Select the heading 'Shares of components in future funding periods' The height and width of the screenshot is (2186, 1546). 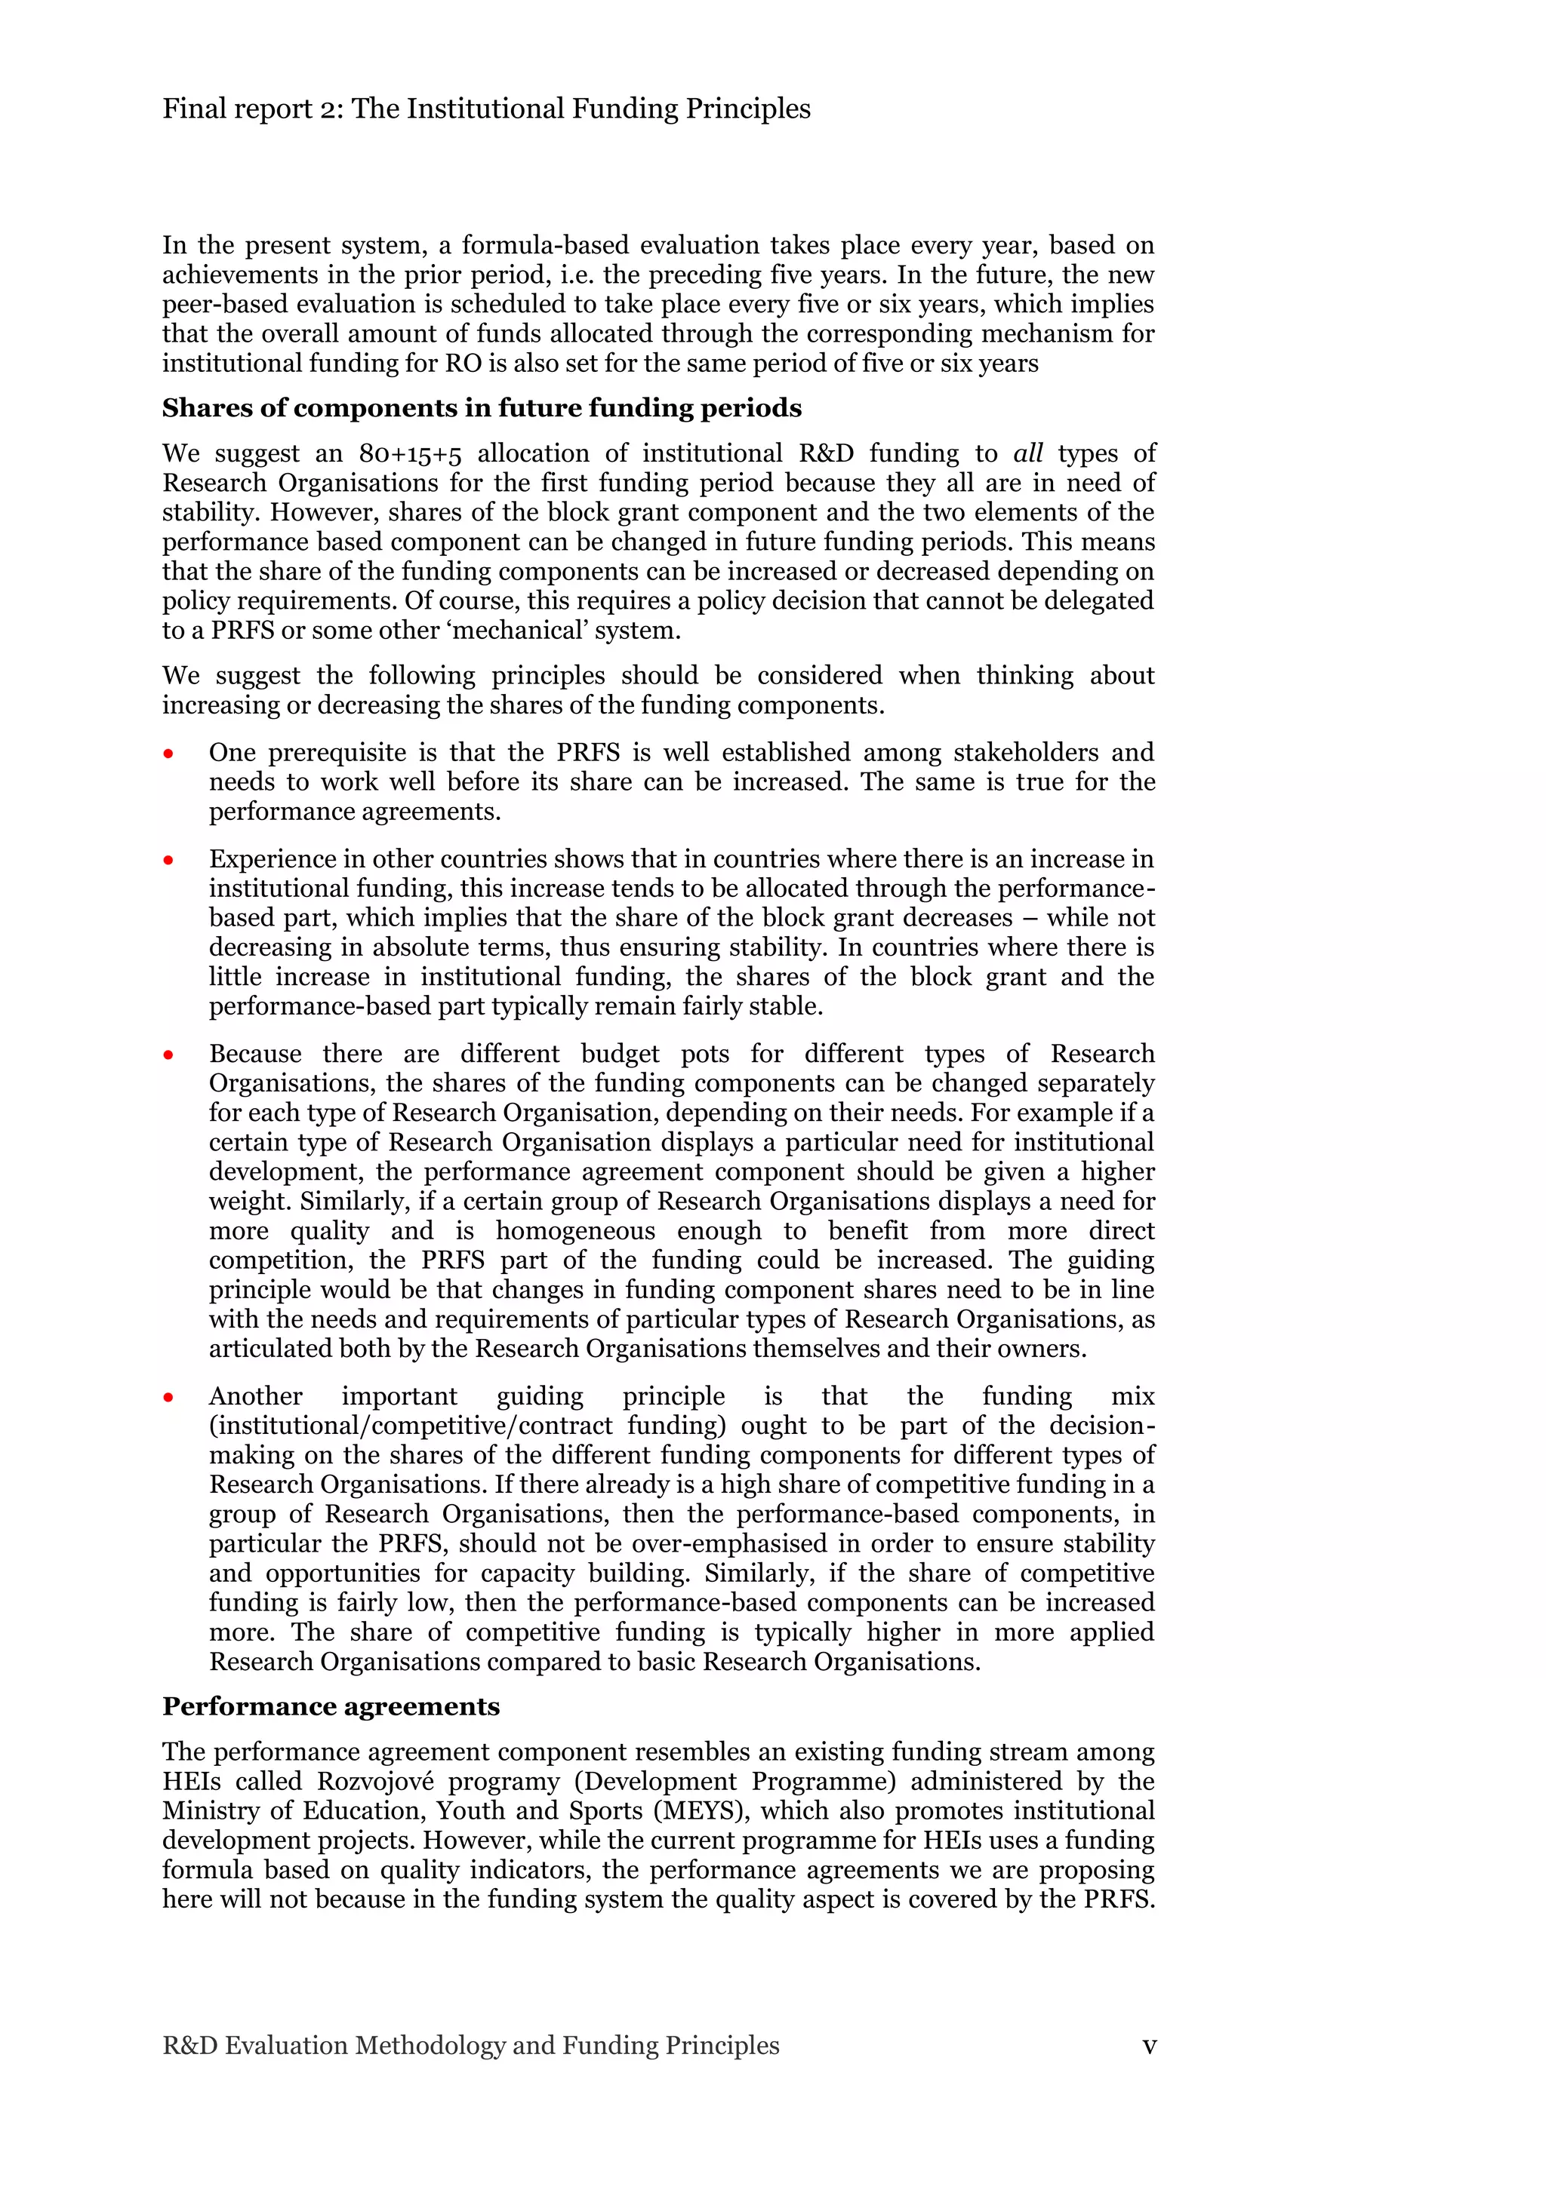[x=481, y=408]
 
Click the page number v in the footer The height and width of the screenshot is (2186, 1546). [x=1149, y=2045]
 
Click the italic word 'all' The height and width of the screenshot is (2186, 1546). [x=1028, y=453]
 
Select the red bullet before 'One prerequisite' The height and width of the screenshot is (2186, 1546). [x=168, y=754]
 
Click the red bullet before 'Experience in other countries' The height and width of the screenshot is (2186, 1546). [x=168, y=861]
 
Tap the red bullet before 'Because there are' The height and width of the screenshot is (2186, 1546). [x=168, y=1055]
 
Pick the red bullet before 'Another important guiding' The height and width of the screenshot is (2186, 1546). [x=168, y=1398]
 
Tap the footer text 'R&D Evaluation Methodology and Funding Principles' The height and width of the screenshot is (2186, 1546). [x=470, y=2045]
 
